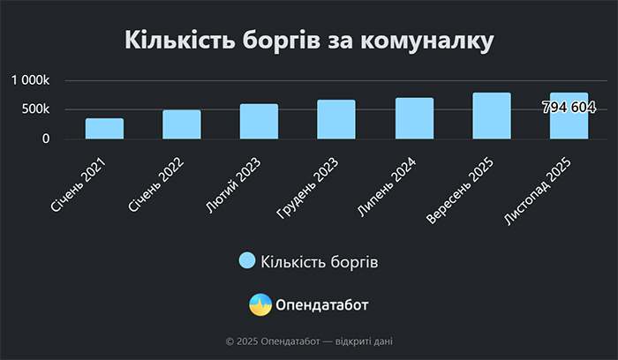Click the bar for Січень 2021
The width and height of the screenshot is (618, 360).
(x=104, y=129)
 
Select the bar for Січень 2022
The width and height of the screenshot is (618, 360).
(x=182, y=124)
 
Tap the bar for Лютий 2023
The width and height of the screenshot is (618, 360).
(x=259, y=122)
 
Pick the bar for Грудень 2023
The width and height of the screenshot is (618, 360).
(x=336, y=119)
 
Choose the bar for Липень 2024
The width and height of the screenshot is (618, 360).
(x=414, y=118)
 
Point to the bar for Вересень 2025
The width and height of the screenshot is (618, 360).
(x=491, y=116)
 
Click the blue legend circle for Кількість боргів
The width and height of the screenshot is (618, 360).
(x=247, y=261)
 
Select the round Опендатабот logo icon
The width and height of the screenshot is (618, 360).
(x=260, y=305)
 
